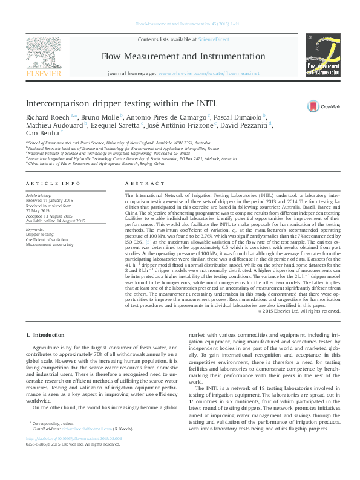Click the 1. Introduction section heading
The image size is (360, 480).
[47, 335]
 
